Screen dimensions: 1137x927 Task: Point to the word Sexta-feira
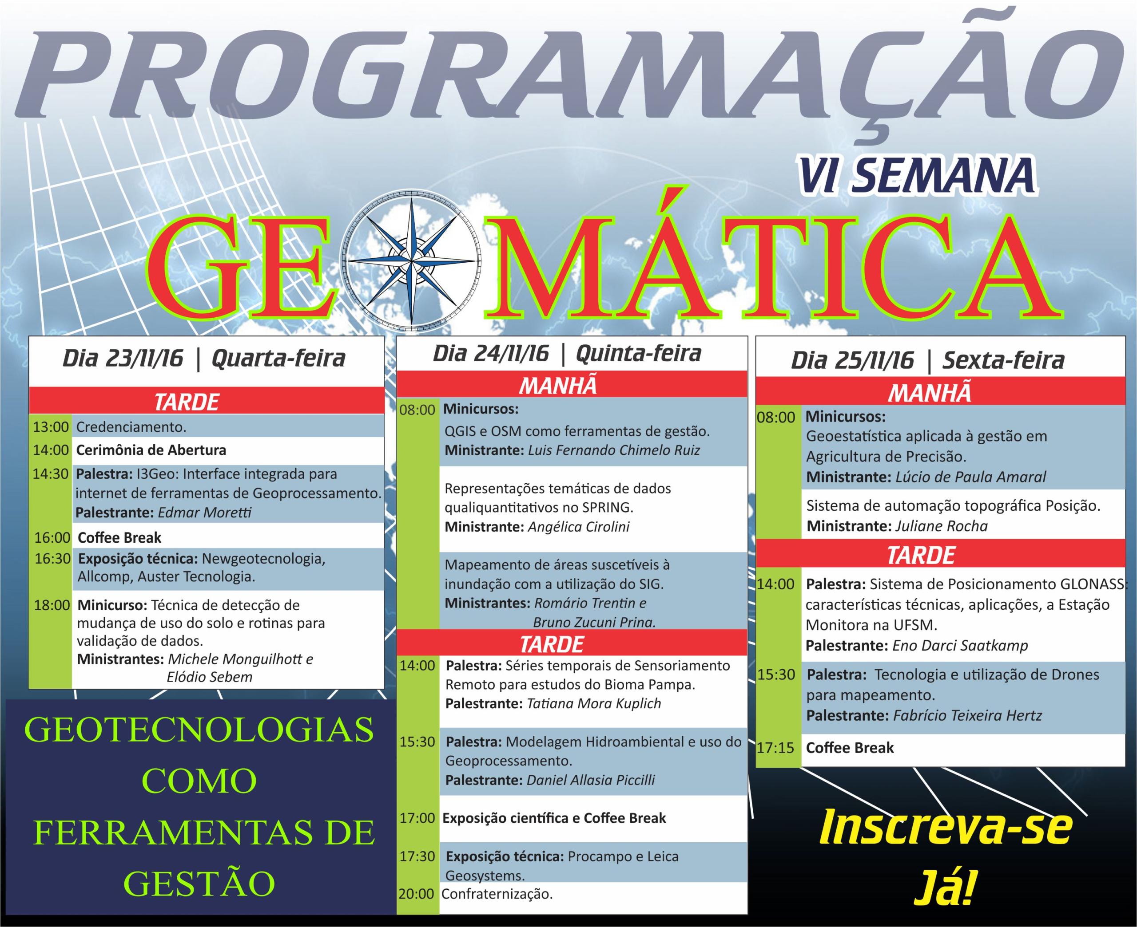click(x=1003, y=361)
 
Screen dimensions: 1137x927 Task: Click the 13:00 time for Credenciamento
click(x=51, y=427)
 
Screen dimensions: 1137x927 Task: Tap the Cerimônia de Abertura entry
click(x=151, y=450)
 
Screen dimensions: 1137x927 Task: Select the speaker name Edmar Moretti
click(x=205, y=513)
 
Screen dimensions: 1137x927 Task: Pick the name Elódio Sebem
click(x=210, y=677)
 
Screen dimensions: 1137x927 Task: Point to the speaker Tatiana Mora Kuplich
click(x=594, y=703)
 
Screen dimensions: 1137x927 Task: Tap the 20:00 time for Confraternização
click(x=416, y=894)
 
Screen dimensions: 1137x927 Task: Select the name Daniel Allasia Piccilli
click(x=590, y=780)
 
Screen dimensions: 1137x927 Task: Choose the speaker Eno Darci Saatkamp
click(x=960, y=646)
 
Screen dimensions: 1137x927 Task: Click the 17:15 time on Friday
click(x=776, y=748)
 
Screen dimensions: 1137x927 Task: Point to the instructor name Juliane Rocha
click(x=941, y=526)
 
